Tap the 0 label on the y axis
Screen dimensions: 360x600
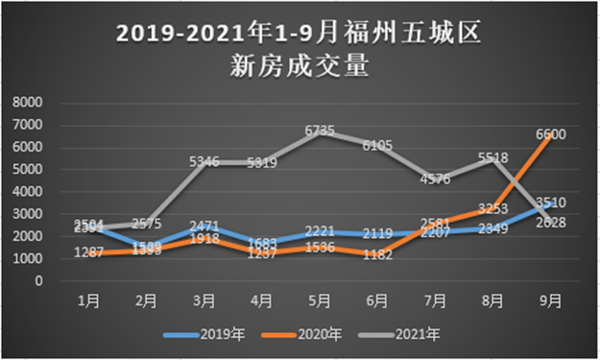tap(39, 281)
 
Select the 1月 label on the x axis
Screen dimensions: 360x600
tap(87, 300)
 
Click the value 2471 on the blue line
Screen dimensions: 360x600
tap(204, 226)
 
